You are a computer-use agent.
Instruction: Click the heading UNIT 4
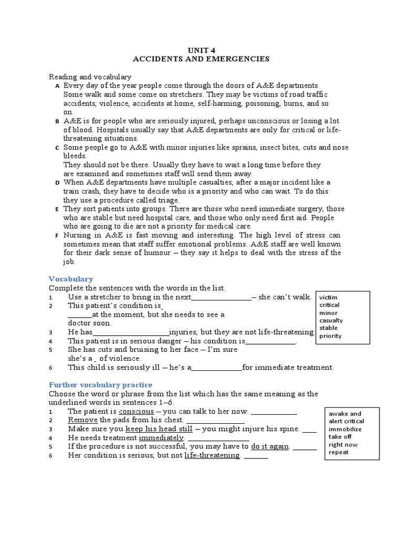coord(201,50)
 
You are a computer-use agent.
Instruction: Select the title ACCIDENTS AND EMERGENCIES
coord(201,59)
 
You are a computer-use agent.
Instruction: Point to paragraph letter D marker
coord(57,182)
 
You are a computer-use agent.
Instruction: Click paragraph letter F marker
coord(57,235)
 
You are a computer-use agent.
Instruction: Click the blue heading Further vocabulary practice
coord(101,385)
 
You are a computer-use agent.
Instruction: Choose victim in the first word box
coord(328,297)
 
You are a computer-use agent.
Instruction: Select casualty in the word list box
coord(331,320)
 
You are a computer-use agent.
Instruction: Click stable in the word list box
coord(328,328)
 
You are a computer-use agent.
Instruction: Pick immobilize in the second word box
coord(345,429)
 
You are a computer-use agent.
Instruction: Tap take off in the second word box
coord(340,437)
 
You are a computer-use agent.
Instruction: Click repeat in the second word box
coord(338,452)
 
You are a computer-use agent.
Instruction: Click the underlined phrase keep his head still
coord(159,429)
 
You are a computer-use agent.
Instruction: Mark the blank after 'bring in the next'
coord(221,297)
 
